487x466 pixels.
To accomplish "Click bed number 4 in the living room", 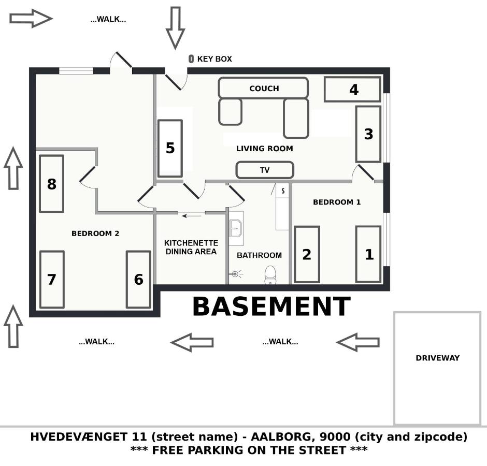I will [353, 90].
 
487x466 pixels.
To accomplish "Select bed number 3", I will [368, 134].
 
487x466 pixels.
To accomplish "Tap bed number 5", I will [170, 148].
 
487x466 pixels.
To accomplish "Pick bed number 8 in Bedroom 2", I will [51, 184].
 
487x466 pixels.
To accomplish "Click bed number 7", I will [52, 280].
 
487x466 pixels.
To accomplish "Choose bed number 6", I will [138, 280].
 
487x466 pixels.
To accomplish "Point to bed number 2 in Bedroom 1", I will [307, 254].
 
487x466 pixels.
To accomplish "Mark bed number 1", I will [368, 254].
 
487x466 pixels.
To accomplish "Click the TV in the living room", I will [265, 170].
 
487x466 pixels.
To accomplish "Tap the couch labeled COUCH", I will [263, 89].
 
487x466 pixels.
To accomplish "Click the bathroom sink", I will [236, 228].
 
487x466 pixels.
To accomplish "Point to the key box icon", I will [191, 59].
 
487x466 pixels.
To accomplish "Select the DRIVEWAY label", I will [437, 358].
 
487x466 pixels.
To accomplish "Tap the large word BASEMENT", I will [271, 307].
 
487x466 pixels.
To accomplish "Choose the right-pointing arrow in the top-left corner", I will [31, 19].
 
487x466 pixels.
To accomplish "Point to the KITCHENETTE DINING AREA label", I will [191, 247].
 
